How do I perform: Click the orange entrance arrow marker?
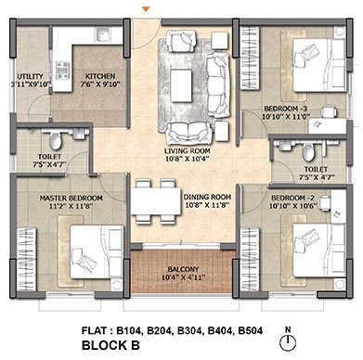147,9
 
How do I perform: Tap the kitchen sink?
103,34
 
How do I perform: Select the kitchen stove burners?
62,71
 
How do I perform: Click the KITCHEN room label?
100,76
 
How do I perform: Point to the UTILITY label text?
30,76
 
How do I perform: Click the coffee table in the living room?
181,85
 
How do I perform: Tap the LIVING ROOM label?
188,151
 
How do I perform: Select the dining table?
156,201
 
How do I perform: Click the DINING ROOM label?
207,197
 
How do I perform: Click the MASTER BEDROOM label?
71,198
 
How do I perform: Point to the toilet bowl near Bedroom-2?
308,152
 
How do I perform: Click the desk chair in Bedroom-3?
329,111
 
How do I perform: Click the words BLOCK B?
110,345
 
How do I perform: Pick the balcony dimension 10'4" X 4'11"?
183,277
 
